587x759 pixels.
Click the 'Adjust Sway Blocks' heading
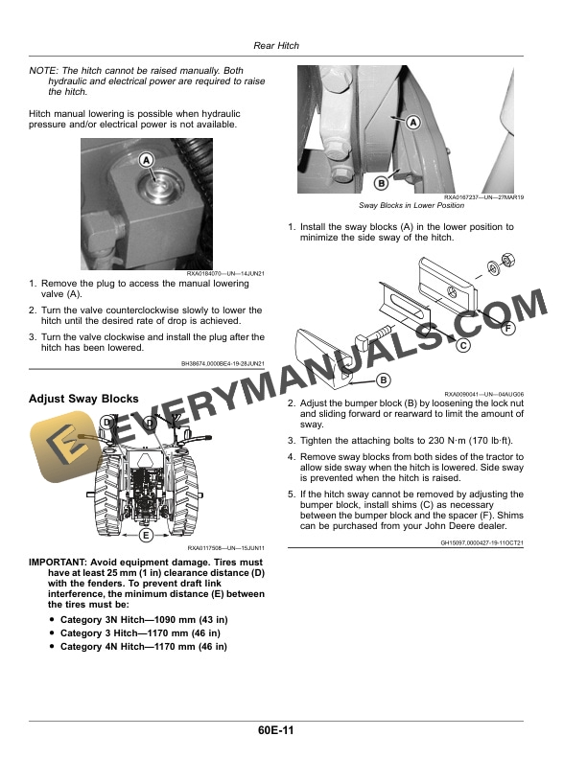[x=83, y=399]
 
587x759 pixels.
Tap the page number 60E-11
[x=276, y=732]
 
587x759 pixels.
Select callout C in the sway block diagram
[x=462, y=345]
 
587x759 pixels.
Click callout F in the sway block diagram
[x=506, y=328]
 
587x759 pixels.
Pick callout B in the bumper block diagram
[x=383, y=379]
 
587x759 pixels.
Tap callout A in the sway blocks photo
[x=413, y=123]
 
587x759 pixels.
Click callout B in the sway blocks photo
[x=381, y=183]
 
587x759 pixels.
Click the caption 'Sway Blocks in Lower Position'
[x=411, y=206]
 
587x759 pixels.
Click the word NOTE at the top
[x=43, y=70]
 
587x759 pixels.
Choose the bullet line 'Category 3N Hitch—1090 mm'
[x=143, y=620]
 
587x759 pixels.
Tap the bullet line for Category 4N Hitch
[x=143, y=647]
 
